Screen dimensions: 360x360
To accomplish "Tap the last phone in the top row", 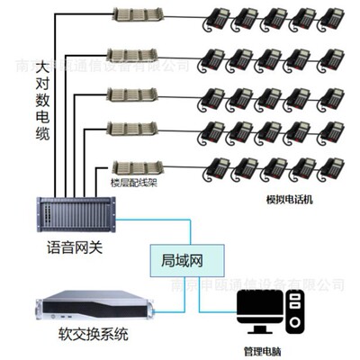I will point(332,18).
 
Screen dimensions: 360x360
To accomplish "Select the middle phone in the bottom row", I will point(274,167).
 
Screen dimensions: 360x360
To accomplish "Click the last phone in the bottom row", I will point(332,167).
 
